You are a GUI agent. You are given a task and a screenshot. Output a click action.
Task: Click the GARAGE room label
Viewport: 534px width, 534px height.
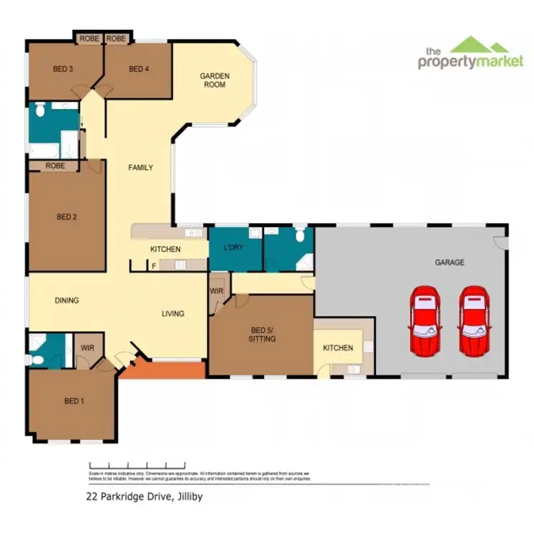(x=449, y=263)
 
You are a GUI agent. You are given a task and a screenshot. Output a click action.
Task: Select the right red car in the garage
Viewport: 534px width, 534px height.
(x=473, y=321)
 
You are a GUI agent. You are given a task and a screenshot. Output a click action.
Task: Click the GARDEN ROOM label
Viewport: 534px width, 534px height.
(x=213, y=80)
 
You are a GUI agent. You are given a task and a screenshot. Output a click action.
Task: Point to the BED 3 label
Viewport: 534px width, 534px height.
(x=63, y=69)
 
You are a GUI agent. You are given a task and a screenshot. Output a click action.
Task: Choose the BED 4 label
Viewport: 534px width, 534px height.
(x=139, y=69)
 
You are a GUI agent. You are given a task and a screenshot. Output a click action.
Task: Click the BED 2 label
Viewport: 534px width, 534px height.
(x=66, y=217)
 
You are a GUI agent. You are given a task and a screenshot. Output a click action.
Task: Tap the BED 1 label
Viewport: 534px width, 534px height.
(x=74, y=401)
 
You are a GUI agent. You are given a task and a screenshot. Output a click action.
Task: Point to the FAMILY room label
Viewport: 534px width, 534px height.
(x=140, y=168)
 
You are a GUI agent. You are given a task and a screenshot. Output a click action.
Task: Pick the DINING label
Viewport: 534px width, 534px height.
(x=67, y=300)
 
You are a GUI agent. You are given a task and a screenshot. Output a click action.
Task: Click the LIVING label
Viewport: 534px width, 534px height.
(x=172, y=313)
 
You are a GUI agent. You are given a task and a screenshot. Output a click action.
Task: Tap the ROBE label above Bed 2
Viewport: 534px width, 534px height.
(x=55, y=166)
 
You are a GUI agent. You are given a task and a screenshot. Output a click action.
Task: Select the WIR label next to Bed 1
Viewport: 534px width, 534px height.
(x=90, y=347)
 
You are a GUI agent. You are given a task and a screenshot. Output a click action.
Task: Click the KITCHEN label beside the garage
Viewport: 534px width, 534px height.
(x=337, y=348)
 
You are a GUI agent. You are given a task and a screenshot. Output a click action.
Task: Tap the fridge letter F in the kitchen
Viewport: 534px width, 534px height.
(x=155, y=266)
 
